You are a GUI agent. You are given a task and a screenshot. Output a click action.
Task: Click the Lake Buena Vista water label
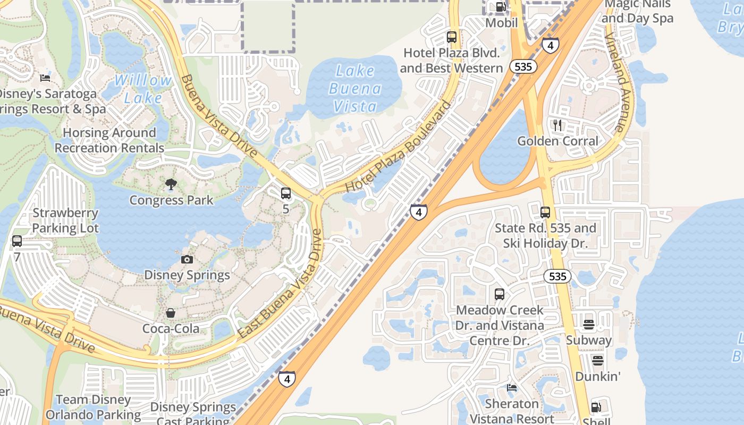pyautogui.click(x=355, y=89)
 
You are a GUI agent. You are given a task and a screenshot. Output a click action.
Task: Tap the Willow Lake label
pyautogui.click(x=143, y=89)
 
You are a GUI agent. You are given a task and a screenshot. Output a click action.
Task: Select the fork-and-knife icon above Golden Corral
pyautogui.click(x=557, y=125)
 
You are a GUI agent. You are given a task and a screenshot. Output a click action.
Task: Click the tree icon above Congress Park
pyautogui.click(x=171, y=184)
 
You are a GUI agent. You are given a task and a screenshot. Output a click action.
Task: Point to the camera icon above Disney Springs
pyautogui.click(x=187, y=259)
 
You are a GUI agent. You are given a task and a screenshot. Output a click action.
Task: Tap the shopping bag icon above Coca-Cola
pyautogui.click(x=171, y=313)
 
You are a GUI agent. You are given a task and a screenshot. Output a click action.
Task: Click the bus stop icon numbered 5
pyautogui.click(x=286, y=193)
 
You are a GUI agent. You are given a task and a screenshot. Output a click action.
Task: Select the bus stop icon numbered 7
pyautogui.click(x=17, y=241)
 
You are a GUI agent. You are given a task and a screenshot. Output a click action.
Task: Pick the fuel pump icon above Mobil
pyautogui.click(x=501, y=7)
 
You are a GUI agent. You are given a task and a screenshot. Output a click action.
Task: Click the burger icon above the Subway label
pyautogui.click(x=588, y=324)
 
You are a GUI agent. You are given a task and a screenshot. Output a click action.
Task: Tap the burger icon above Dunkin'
pyautogui.click(x=598, y=361)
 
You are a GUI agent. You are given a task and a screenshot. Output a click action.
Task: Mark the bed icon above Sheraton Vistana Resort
pyautogui.click(x=512, y=388)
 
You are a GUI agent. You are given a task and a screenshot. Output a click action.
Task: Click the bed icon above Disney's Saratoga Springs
pyautogui.click(x=45, y=78)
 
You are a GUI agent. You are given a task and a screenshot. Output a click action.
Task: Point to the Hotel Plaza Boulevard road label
pyautogui.click(x=398, y=147)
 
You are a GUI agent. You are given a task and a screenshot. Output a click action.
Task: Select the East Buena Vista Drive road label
pyautogui.click(x=281, y=284)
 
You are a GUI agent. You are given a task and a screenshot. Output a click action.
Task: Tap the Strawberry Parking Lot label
pyautogui.click(x=65, y=220)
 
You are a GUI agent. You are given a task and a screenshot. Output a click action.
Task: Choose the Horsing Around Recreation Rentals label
pyautogui.click(x=109, y=140)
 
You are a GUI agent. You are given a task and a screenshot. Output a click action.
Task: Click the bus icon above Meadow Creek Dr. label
pyautogui.click(x=500, y=294)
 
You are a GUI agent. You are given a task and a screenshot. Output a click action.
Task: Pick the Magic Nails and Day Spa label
pyautogui.click(x=638, y=11)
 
